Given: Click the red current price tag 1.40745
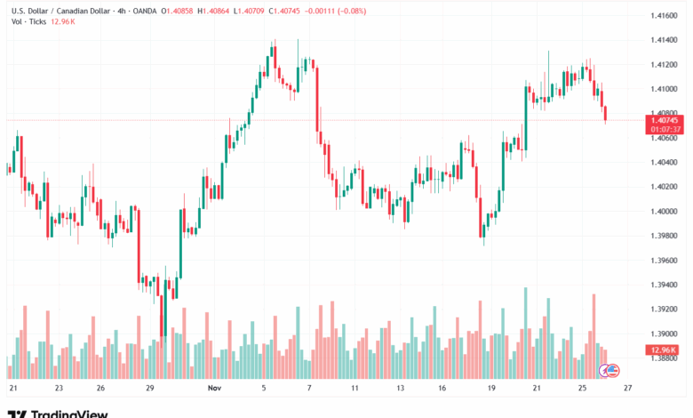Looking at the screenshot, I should (x=665, y=120).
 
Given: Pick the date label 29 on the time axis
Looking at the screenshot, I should (x=149, y=389).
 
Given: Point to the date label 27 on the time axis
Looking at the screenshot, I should (x=628, y=389).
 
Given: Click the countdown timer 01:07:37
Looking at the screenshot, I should (x=665, y=129).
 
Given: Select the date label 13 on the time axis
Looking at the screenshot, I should (x=401, y=389).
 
